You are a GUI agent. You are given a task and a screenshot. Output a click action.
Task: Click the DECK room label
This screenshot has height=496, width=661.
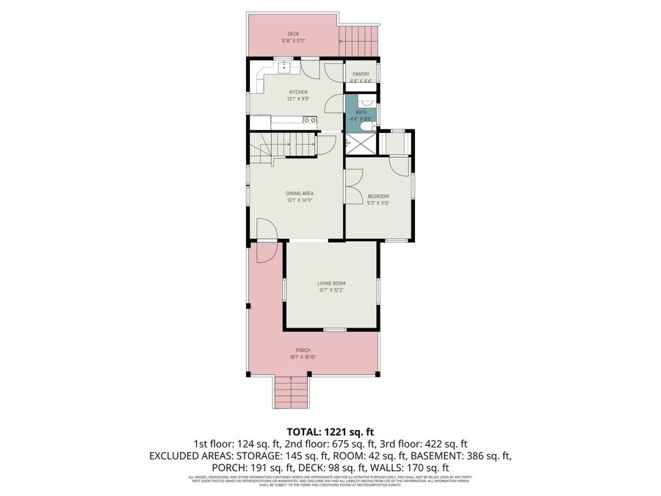(293, 34)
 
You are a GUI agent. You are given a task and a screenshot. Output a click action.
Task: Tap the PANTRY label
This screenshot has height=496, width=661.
(361, 74)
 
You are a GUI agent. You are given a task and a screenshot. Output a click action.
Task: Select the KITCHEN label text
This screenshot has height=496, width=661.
(297, 92)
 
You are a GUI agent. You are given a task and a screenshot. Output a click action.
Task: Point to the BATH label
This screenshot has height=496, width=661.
(361, 112)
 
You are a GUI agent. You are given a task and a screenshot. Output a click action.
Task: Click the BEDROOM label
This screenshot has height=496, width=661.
(378, 195)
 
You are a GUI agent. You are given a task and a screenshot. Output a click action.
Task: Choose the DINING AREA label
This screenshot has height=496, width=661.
(300, 193)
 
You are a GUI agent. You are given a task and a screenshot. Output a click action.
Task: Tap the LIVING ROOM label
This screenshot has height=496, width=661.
(331, 283)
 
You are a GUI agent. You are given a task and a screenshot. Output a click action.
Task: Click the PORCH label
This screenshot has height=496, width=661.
(303, 350)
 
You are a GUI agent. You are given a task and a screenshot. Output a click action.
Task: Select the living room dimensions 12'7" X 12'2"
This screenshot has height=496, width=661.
(331, 290)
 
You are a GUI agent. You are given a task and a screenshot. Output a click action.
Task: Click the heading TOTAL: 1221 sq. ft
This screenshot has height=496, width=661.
(330, 431)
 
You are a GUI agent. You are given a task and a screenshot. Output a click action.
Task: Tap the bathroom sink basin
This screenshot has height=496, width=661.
(369, 101)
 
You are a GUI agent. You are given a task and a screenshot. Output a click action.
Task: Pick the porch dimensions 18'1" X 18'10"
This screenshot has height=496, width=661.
(303, 357)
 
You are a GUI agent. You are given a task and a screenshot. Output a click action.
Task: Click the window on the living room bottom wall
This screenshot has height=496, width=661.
(335, 328)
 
